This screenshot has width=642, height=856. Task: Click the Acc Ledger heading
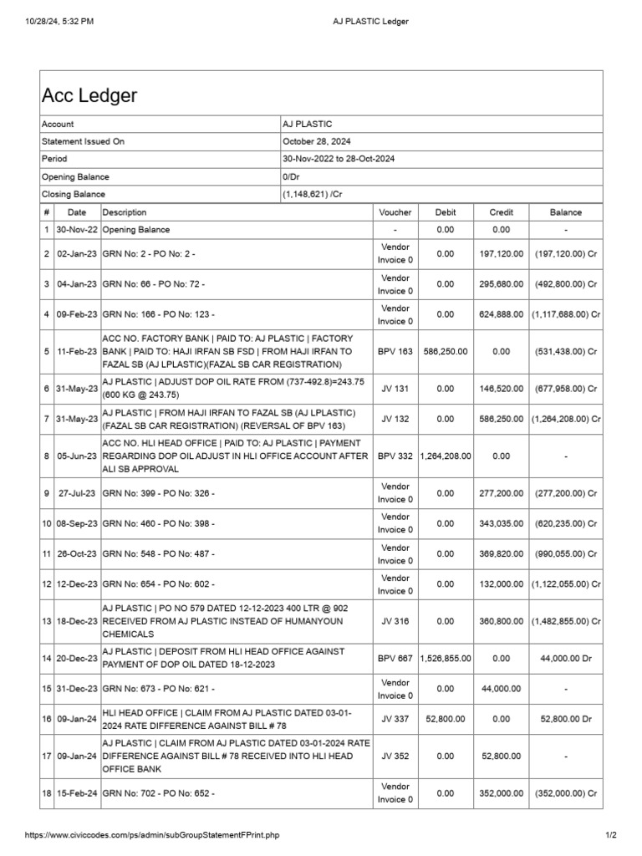click(x=89, y=96)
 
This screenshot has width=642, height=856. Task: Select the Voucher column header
click(x=395, y=212)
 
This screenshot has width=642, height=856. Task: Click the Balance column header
click(x=565, y=212)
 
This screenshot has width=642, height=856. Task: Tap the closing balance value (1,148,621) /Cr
click(x=318, y=194)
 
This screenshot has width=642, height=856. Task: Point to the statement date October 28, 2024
click(x=317, y=141)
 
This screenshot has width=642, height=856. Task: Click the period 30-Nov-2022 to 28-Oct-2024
click(x=339, y=159)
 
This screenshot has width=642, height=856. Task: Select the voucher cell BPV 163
click(x=395, y=352)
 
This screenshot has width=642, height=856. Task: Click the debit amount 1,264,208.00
click(x=446, y=456)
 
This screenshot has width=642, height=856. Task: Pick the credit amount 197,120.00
click(x=501, y=252)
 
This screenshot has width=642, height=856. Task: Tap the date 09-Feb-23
click(x=77, y=313)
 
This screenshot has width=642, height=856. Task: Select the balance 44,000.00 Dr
click(x=565, y=658)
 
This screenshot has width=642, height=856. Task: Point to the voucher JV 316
click(x=395, y=621)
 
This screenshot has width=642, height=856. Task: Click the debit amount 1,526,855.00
click(x=446, y=658)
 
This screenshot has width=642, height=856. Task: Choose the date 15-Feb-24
click(x=77, y=792)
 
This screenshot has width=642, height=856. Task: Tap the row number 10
click(x=47, y=523)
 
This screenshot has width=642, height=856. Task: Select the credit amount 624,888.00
click(x=501, y=313)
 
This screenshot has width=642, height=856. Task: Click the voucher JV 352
click(x=395, y=756)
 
